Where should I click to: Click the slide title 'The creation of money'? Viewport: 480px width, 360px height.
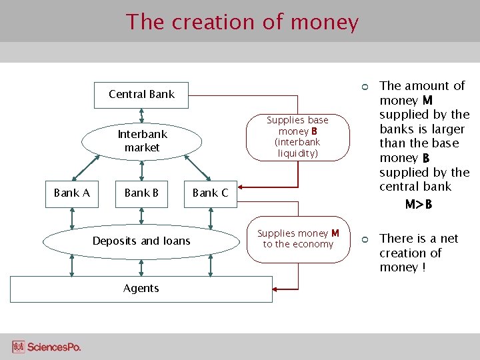point(242,22)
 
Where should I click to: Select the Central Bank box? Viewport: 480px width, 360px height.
point(141,94)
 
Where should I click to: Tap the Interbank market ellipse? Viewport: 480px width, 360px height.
point(142,141)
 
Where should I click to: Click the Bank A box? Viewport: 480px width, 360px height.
point(71,193)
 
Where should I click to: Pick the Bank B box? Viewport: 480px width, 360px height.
point(141,193)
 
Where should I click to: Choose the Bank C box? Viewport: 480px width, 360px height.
point(210,193)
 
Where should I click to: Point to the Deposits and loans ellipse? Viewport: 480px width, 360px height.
point(141,241)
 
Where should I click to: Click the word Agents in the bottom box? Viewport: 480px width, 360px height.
point(141,288)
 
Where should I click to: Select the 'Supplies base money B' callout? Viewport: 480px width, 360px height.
point(297,137)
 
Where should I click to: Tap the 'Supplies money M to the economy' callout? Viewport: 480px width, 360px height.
point(297,239)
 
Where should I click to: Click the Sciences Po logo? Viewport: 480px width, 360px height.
point(47,347)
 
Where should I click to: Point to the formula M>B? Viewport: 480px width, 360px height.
point(419,204)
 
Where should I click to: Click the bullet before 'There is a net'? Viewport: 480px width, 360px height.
point(365,239)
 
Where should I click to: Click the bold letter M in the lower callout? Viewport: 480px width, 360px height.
point(335,233)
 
